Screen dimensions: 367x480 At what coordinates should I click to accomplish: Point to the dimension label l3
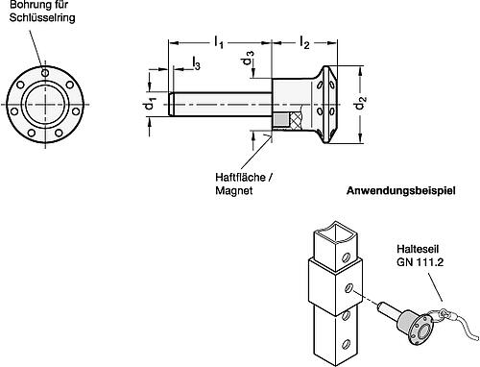click(x=196, y=62)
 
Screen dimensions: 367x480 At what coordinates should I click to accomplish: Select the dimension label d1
click(x=149, y=102)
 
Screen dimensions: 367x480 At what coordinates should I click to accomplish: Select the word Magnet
click(x=234, y=191)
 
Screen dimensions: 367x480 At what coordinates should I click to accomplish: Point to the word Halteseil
click(x=400, y=246)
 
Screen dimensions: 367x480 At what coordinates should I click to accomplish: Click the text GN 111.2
click(x=404, y=259)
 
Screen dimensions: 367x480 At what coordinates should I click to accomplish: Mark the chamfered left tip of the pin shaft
click(x=172, y=102)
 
